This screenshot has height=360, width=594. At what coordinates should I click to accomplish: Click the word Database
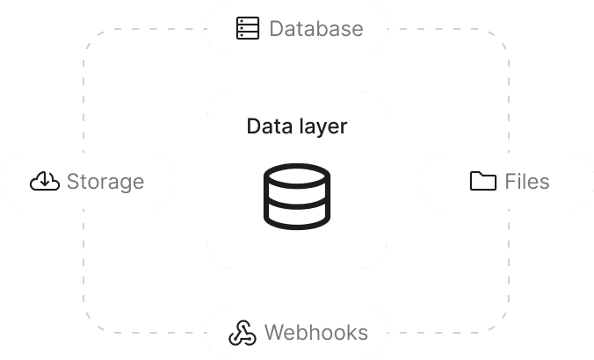click(x=315, y=29)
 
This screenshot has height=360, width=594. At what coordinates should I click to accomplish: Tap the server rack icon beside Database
click(x=247, y=29)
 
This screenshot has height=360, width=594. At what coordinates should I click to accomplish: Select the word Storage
click(x=105, y=182)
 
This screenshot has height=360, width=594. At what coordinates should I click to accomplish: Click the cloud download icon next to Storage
click(x=45, y=182)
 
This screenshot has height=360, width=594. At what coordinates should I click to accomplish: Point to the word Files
click(x=526, y=182)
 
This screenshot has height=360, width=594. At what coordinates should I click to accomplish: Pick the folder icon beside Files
click(x=482, y=182)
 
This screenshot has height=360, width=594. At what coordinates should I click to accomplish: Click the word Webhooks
click(x=315, y=334)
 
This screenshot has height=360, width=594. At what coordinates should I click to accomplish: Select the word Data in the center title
click(x=266, y=126)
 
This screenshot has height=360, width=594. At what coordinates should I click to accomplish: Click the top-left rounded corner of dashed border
click(x=91, y=39)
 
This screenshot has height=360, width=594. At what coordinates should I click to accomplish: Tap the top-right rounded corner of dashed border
click(x=502, y=39)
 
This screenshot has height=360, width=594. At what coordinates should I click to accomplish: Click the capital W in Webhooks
click(x=273, y=334)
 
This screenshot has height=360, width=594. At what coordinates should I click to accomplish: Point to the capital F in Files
click(x=510, y=182)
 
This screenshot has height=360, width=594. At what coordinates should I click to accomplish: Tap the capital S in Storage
click(x=74, y=182)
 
